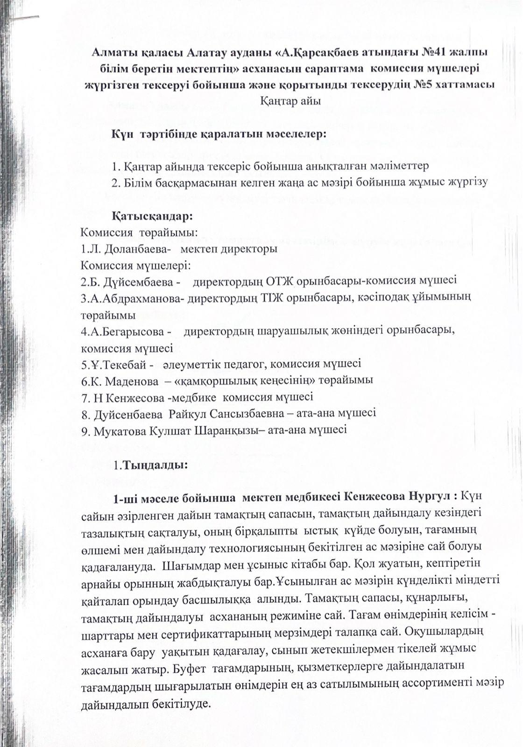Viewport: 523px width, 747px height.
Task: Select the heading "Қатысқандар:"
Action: click(x=152, y=217)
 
